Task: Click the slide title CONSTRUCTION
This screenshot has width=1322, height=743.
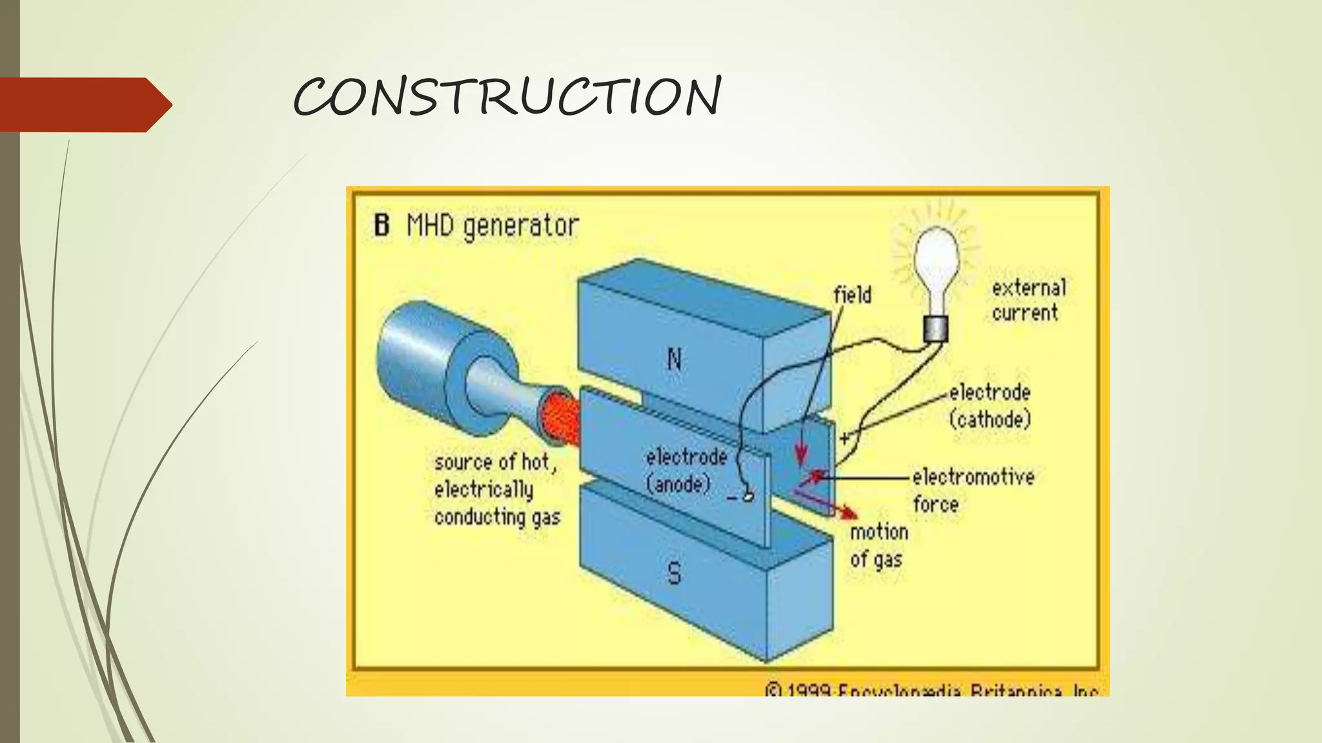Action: (507, 97)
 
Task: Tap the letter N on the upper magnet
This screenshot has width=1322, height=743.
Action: (674, 359)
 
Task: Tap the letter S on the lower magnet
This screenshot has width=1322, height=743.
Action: (673, 573)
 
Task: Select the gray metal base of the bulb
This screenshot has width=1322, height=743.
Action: (935, 330)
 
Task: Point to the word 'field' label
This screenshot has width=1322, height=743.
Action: (852, 295)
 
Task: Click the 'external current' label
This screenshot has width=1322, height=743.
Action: (1028, 301)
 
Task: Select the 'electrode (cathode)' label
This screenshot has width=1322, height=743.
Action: (990, 406)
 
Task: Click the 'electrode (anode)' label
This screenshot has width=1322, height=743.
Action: (686, 471)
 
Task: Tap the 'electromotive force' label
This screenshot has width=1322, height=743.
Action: (972, 490)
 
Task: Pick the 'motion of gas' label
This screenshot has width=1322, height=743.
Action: (879, 546)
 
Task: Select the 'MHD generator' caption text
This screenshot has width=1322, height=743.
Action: (493, 226)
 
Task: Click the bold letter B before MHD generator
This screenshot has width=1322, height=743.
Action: (381, 226)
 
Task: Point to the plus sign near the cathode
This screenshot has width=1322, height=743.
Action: (844, 439)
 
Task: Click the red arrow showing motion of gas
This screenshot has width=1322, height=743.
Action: (833, 506)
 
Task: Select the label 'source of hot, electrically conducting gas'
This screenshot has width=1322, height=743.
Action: (496, 490)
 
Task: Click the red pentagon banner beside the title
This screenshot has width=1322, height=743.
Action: (84, 104)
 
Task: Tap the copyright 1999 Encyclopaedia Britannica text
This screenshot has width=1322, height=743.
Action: (931, 690)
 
